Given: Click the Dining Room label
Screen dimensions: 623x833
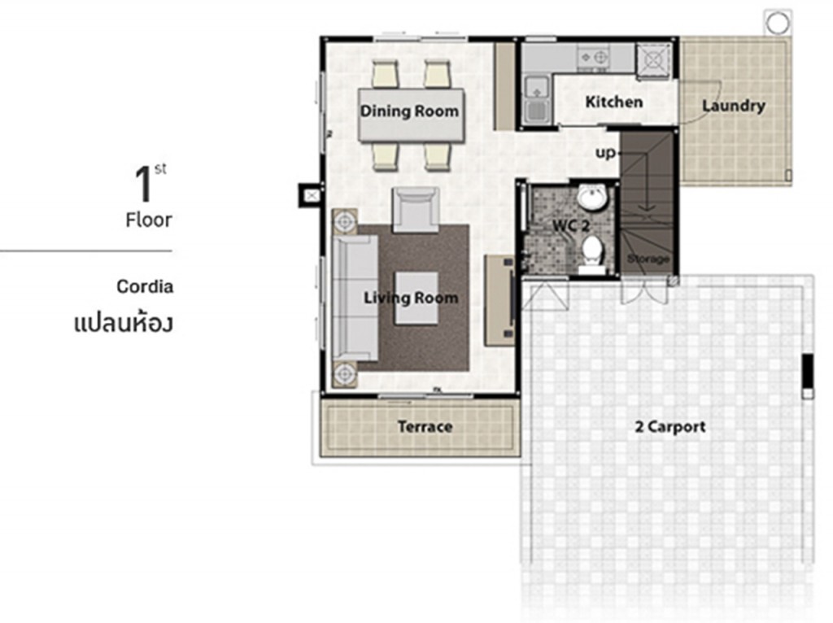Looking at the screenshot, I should point(409,111).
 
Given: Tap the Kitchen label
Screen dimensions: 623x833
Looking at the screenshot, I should point(614,102).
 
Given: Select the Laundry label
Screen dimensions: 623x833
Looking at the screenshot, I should point(733,106).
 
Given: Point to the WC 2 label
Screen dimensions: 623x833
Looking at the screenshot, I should point(571,224).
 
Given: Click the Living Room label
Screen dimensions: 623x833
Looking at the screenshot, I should point(411,298).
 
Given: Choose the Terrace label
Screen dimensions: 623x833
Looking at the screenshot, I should point(425,426).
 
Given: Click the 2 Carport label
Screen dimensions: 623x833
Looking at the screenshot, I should point(670,426).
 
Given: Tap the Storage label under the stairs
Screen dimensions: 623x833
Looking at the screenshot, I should point(648,259).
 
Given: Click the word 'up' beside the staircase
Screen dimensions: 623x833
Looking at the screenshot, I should point(606,152).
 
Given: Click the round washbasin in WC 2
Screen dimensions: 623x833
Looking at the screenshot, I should point(591,198).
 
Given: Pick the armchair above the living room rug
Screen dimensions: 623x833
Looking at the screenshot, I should point(416,209).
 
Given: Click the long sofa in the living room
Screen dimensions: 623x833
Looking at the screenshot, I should point(354,297).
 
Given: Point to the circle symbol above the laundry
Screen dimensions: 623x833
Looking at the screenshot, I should point(777,21).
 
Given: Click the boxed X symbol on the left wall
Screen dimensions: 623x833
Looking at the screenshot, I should point(310,195).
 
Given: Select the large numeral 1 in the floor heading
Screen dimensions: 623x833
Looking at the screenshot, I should point(144,185).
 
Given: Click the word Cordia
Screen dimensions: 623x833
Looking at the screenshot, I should point(145,286).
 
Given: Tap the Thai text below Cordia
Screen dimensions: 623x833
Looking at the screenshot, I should point(123,322).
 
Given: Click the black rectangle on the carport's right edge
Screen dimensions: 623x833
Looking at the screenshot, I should point(807,372).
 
